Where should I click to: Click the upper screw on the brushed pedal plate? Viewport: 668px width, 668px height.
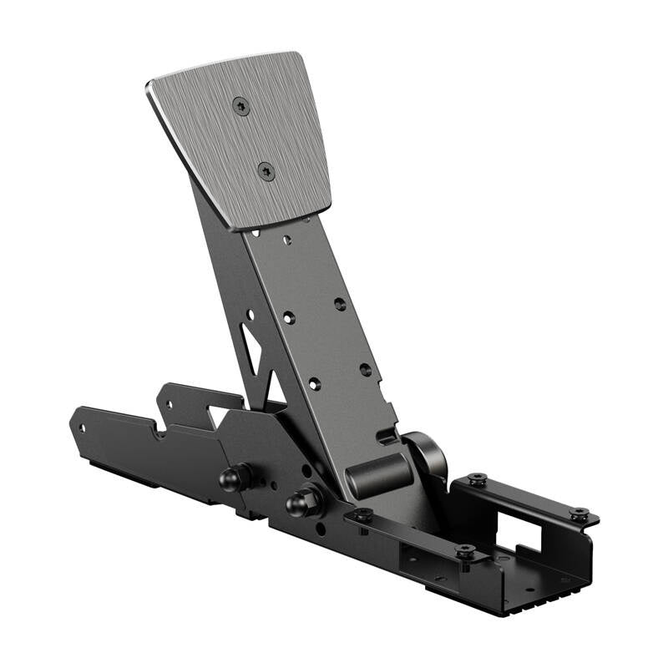241,106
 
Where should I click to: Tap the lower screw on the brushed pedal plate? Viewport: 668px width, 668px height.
266,172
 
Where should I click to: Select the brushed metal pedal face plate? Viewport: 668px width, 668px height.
250,138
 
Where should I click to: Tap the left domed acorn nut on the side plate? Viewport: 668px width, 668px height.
233,478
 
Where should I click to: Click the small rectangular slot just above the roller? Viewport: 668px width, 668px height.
385,435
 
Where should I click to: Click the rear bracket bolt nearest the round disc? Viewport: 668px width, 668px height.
478,480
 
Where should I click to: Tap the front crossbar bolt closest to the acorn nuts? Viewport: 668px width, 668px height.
362,515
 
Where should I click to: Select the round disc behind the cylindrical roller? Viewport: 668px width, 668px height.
429,455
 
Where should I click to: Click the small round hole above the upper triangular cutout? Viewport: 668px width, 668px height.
250,315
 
